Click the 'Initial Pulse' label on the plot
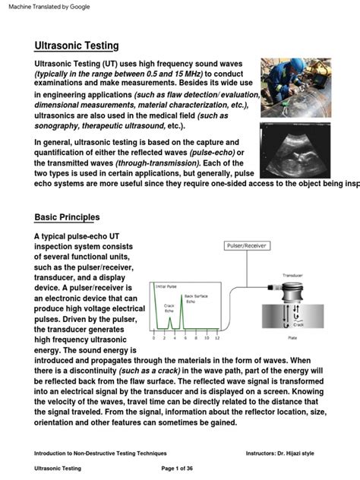tap(166, 286)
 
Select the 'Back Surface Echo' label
tap(196, 298)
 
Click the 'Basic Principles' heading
tap(67, 217)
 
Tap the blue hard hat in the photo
tap(279, 67)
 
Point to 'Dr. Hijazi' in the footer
tap(314, 452)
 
